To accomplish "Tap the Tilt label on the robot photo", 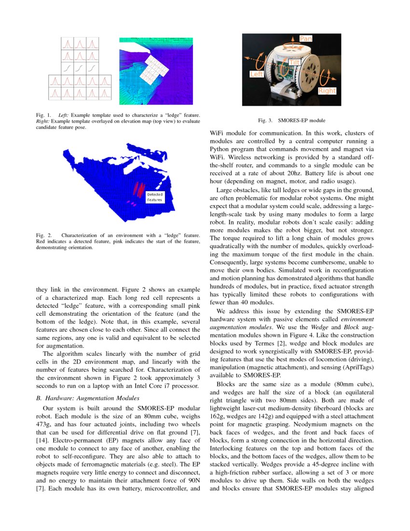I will (x=294, y=62).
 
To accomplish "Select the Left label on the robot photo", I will (x=256, y=74).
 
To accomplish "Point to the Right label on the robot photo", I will (x=327, y=90).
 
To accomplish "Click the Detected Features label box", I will (x=154, y=196).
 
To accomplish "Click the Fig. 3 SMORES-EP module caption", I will (x=291, y=120).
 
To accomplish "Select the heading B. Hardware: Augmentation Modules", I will (x=88, y=398).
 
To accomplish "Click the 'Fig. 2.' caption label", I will (x=43, y=235).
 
